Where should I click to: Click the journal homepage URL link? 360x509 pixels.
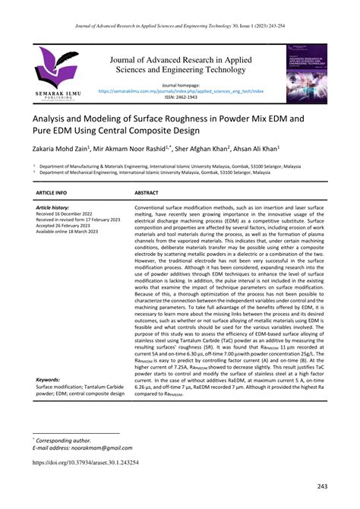(x=179, y=90)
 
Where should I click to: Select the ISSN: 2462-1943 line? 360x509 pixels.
(x=179, y=96)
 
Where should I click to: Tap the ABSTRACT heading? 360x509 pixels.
(x=147, y=194)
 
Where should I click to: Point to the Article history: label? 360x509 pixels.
(x=52, y=207)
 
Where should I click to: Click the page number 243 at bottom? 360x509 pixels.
(x=322, y=486)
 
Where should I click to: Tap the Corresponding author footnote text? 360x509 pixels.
(x=65, y=439)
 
